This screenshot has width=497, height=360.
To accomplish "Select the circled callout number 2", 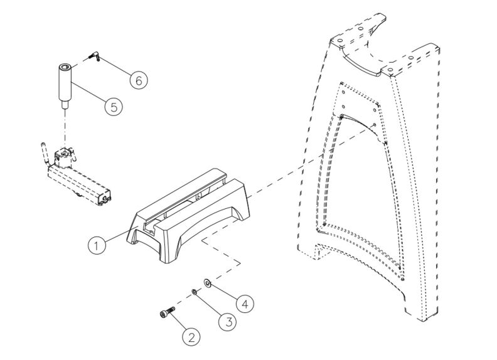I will pyautogui.click(x=193, y=337).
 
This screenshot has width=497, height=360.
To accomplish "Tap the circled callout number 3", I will pyautogui.click(x=227, y=321).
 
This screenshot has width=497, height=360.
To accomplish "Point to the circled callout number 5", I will pyautogui.click(x=113, y=106).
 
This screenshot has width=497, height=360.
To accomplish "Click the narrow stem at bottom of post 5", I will pyautogui.click(x=65, y=106).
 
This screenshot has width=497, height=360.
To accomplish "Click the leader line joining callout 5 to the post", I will pyautogui.click(x=88, y=93).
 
